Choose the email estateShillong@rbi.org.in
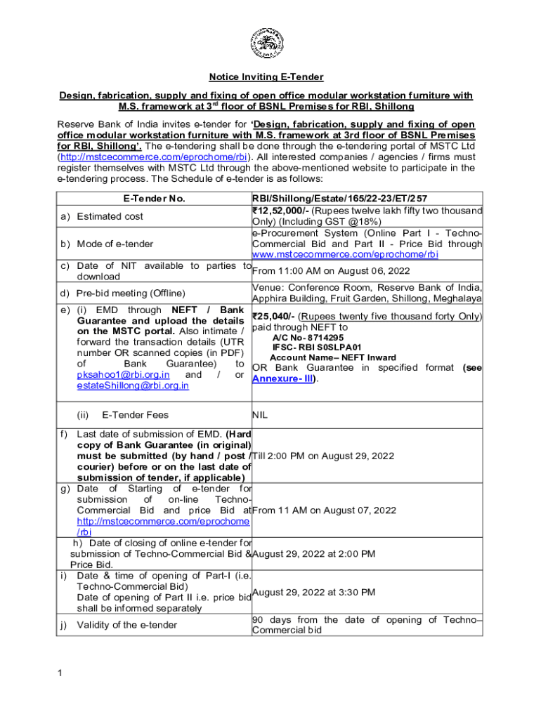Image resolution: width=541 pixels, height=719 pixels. [x=133, y=385]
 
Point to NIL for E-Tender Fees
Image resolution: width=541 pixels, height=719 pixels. [x=260, y=415]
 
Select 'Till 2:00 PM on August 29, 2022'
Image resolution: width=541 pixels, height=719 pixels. [x=327, y=456]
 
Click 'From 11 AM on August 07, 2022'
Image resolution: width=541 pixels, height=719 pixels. [x=324, y=510]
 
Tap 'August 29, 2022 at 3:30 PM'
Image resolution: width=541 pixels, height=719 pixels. [x=313, y=592]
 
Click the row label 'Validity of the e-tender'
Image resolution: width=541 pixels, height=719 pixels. [x=126, y=625]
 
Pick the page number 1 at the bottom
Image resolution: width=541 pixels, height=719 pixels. [x=61, y=674]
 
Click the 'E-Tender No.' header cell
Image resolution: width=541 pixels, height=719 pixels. [x=155, y=199]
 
